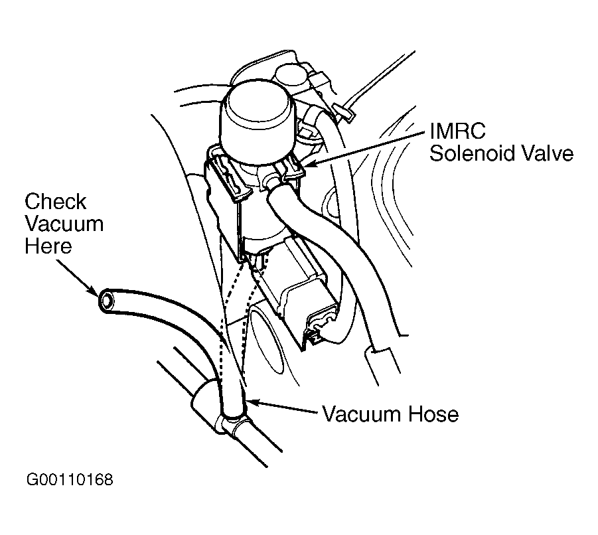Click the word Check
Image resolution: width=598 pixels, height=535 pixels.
click(x=55, y=202)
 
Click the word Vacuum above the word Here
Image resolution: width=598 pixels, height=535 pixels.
click(x=64, y=224)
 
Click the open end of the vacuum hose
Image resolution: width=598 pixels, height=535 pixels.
click(x=106, y=301)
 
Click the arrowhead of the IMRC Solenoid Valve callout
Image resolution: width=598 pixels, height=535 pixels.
click(x=305, y=164)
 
